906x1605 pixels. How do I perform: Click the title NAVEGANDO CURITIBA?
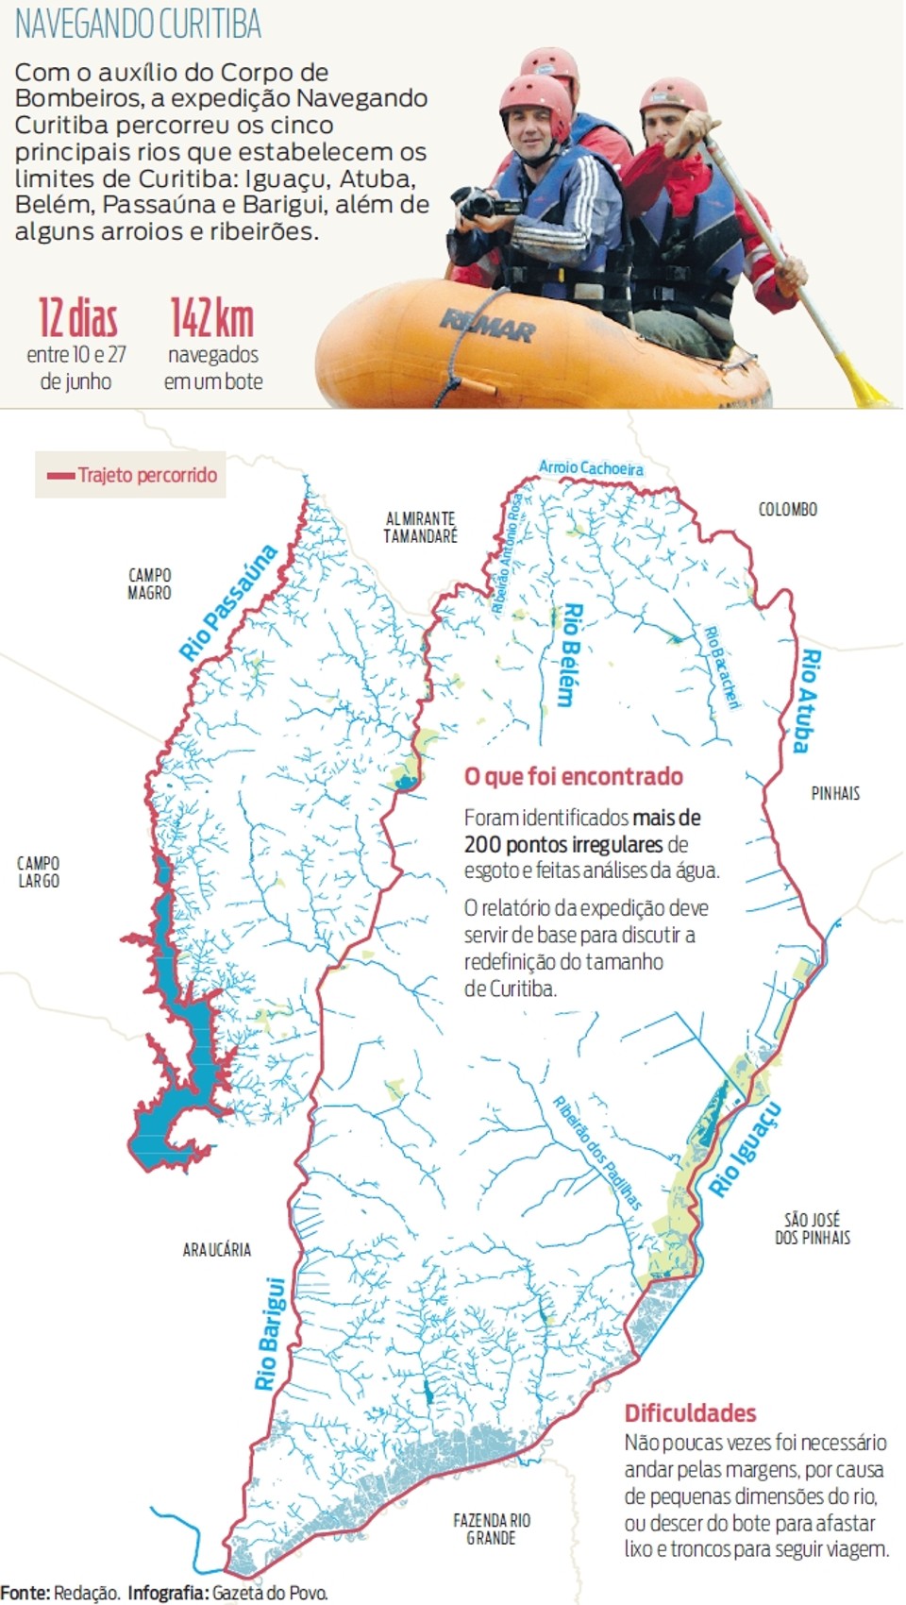coord(138,25)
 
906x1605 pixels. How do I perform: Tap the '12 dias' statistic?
coord(77,319)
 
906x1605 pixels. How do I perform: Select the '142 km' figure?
coord(212,319)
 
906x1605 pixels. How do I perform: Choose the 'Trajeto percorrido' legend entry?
coord(132,475)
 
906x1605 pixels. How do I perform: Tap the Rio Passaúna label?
coord(229,602)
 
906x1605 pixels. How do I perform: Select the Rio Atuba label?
coord(806,700)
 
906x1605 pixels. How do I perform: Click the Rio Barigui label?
coord(270,1334)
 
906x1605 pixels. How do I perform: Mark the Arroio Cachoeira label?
coord(592,467)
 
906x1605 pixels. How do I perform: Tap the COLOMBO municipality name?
coord(788,510)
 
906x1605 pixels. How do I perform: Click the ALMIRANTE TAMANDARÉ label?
coord(420,527)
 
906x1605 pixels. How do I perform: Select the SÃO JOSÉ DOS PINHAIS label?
coord(813,1228)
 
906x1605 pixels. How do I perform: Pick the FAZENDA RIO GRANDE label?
coord(492,1529)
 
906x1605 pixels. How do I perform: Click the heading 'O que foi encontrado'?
coord(573,777)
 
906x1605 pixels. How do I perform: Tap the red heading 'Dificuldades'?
coord(690,1413)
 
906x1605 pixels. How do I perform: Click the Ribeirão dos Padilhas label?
coord(597,1153)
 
